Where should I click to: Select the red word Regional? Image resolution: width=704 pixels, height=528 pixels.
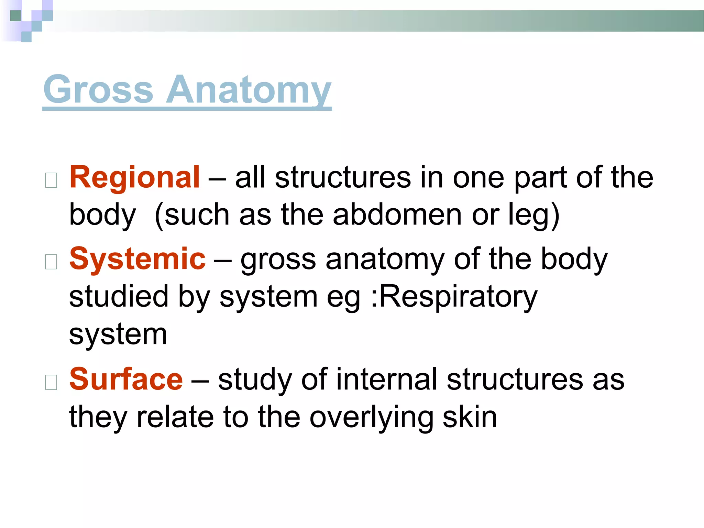click(134, 177)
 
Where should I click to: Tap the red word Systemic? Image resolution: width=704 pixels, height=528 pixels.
click(137, 259)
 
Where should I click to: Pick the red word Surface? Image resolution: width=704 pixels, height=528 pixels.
click(126, 379)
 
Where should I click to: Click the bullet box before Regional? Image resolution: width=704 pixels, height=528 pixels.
click(51, 180)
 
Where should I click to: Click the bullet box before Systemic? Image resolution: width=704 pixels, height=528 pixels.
click(51, 262)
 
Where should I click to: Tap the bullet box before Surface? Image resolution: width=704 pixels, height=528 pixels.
click(51, 382)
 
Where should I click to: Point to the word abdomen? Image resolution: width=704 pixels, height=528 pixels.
click(397, 214)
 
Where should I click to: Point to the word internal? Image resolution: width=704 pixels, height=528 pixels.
click(386, 379)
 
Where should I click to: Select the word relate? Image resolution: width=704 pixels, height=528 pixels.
click(175, 417)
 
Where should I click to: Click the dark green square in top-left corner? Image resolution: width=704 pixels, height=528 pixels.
click(15, 16)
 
